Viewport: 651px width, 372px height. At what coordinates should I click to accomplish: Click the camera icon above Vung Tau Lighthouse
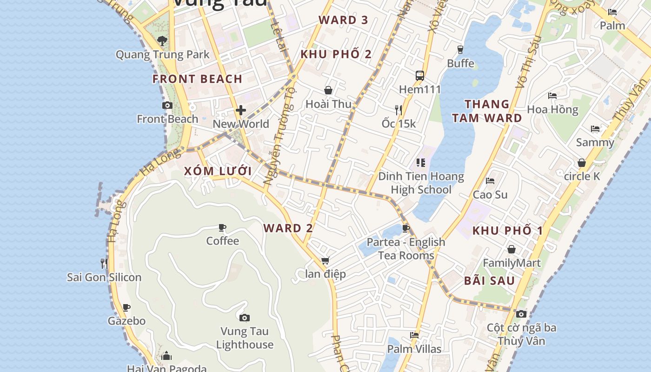tap(245, 318)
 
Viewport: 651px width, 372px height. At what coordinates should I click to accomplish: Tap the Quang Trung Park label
tap(163, 54)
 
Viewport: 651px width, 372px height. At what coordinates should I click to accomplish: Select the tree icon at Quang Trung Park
tap(162, 41)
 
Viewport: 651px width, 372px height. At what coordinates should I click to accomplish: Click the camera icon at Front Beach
tap(167, 106)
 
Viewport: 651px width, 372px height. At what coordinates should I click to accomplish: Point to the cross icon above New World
tap(241, 110)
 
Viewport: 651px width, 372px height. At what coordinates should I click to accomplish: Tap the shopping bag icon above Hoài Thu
tap(328, 90)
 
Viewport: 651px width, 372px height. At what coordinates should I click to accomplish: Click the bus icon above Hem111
tap(419, 75)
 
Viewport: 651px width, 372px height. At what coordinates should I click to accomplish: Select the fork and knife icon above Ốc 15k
tap(398, 110)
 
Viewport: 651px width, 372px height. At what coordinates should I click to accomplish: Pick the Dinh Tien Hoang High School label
tap(421, 183)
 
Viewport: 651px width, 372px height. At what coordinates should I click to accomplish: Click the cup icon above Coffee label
tap(222, 227)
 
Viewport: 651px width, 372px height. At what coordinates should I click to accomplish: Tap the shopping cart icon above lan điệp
tap(325, 260)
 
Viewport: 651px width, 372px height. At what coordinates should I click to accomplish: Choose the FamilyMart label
tap(511, 263)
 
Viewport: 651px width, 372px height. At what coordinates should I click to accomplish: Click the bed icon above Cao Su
tap(490, 181)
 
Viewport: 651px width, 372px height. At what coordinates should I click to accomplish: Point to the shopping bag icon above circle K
tap(581, 163)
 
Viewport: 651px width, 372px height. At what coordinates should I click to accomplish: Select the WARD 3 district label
tap(343, 20)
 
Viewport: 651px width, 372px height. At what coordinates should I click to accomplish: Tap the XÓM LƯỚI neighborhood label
tap(218, 171)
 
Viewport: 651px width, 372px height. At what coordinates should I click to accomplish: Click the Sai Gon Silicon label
tap(104, 278)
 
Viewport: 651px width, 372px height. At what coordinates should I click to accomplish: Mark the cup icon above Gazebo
tap(126, 307)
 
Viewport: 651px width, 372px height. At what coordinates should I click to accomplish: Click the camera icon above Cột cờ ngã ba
tap(521, 314)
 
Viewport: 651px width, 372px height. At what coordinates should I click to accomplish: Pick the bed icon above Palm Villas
tap(414, 335)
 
